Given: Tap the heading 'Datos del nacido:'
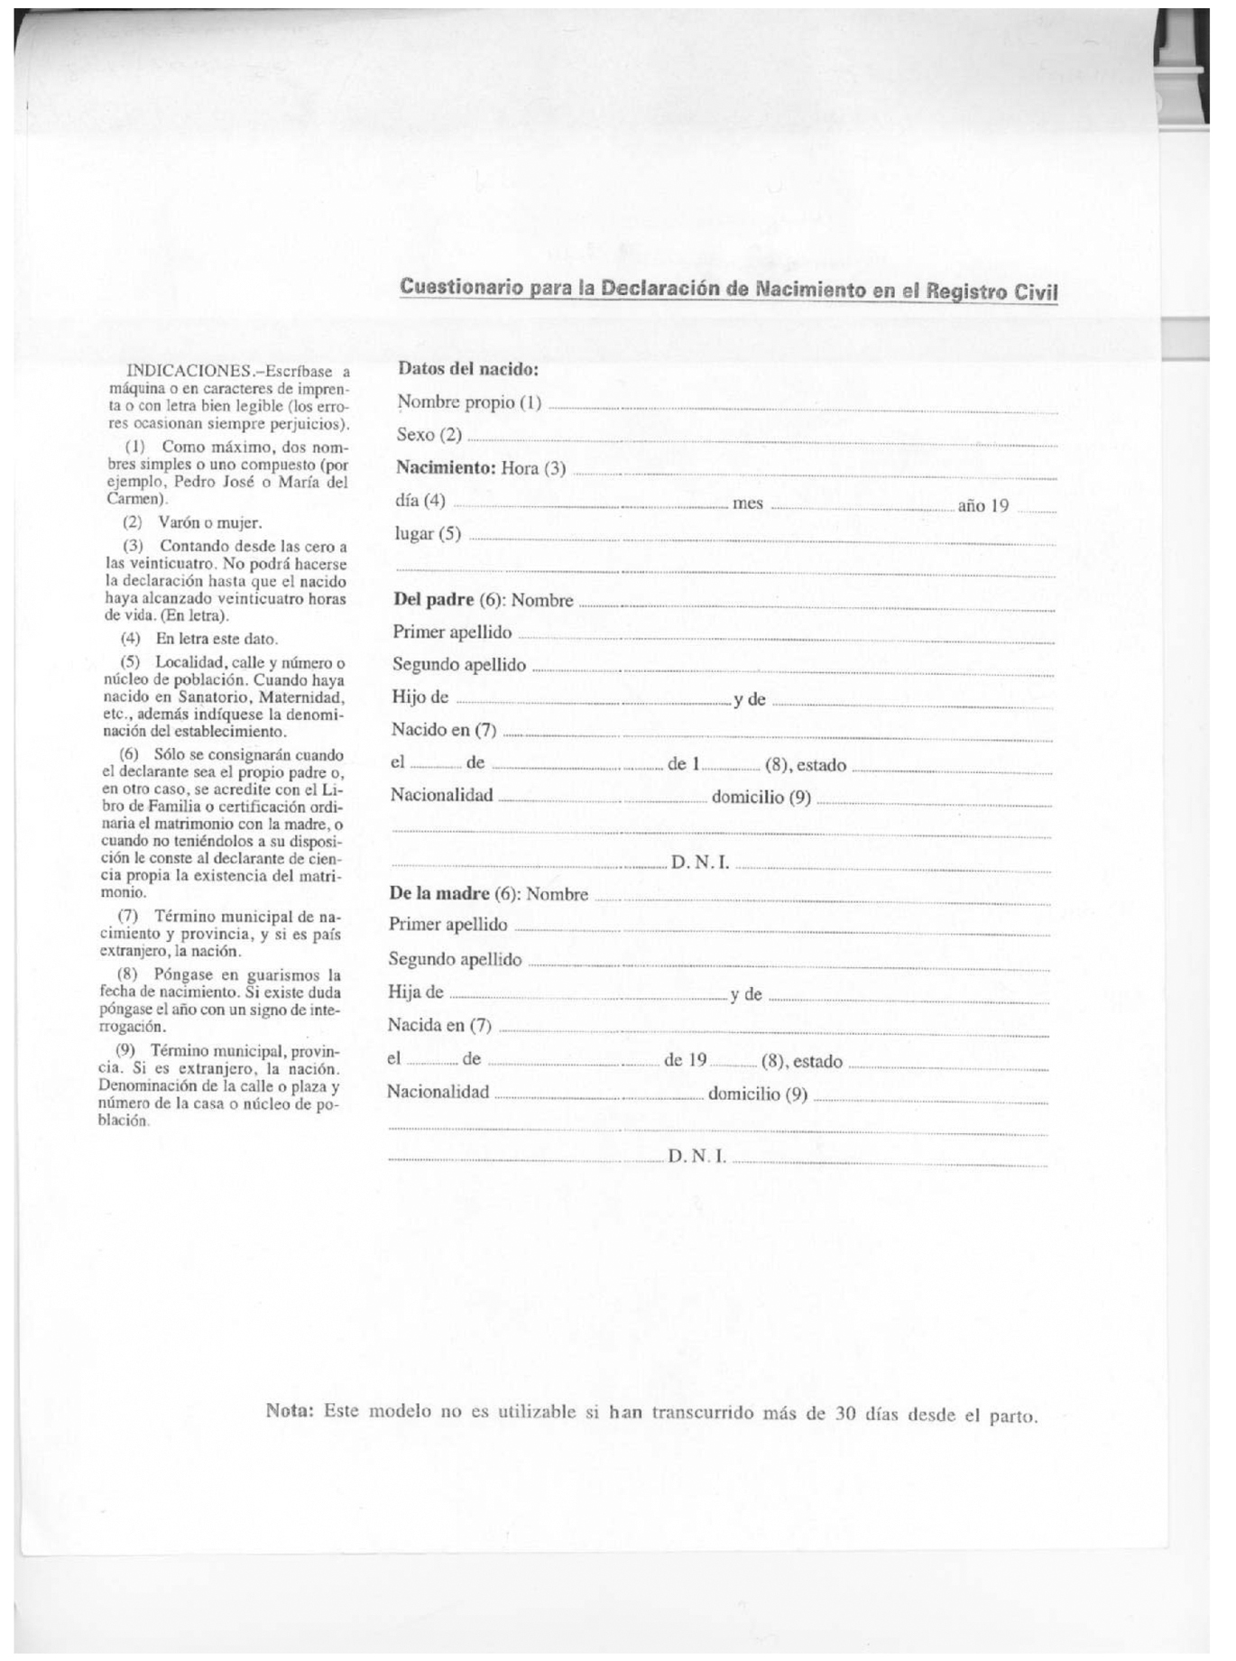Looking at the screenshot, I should pyautogui.click(x=468, y=369).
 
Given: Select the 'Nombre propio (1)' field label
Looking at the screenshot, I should pyautogui.click(x=469, y=402).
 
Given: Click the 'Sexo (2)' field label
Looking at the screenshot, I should pyautogui.click(x=429, y=435).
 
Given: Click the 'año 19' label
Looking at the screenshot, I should pyautogui.click(x=982, y=505).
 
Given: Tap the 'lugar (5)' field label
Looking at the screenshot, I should pyautogui.click(x=428, y=533).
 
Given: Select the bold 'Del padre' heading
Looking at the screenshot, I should pyautogui.click(x=434, y=600).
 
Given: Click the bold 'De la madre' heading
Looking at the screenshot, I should pyautogui.click(x=438, y=893).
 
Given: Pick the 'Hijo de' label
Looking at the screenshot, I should pyautogui.click(x=420, y=697).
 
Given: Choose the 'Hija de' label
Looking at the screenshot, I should pyautogui.click(x=415, y=992).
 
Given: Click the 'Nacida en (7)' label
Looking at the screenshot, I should pyautogui.click(x=439, y=1025).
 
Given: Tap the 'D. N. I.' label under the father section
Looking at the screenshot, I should pyautogui.click(x=700, y=863).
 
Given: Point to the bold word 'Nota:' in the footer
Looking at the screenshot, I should pyautogui.click(x=289, y=1409).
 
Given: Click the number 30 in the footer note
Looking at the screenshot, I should pyautogui.click(x=844, y=1414).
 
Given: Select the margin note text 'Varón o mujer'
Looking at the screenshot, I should pyautogui.click(x=209, y=522).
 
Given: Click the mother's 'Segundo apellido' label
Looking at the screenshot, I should pyautogui.click(x=455, y=959).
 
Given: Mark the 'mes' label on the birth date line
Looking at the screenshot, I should pyautogui.click(x=748, y=503).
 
